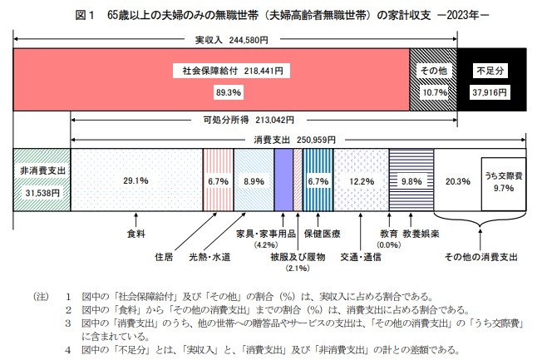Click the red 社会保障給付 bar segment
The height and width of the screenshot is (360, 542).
point(212,80)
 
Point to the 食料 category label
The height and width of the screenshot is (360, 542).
point(135,234)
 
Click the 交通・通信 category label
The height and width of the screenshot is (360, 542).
point(361,256)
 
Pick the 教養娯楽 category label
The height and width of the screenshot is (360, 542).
point(425,234)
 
